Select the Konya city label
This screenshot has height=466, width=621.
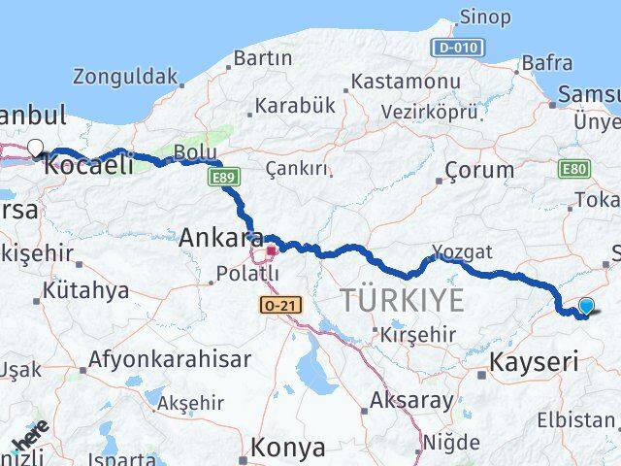(x=287, y=448)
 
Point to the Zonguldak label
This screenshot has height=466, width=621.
(x=125, y=77)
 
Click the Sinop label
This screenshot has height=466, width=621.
(x=485, y=17)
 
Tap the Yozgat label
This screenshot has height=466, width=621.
(x=462, y=252)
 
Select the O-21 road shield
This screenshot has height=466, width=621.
(x=281, y=305)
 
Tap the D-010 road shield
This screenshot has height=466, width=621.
(x=454, y=47)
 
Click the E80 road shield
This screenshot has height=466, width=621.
(x=573, y=169)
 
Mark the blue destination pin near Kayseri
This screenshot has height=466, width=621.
(x=585, y=307)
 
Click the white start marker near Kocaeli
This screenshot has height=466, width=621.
(x=36, y=148)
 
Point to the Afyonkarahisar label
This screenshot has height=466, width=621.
(x=170, y=359)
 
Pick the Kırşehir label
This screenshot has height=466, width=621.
(x=417, y=333)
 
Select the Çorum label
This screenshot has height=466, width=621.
(x=479, y=170)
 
